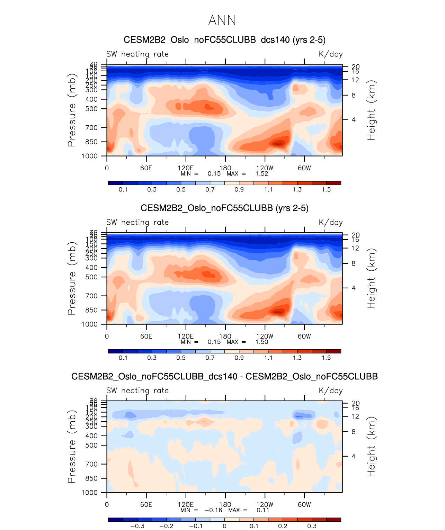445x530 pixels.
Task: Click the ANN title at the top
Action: click(x=222, y=20)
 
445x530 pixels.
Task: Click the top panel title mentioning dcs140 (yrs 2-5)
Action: click(x=224, y=40)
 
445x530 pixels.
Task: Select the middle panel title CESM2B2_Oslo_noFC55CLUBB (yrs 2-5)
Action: click(x=224, y=208)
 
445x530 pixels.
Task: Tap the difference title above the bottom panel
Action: click(x=224, y=376)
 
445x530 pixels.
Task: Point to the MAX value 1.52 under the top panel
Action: click(x=262, y=174)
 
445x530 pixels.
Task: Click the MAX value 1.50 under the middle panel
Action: click(x=262, y=342)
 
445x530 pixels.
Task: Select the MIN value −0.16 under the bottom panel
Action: click(x=213, y=510)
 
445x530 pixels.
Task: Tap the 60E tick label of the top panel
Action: click(x=146, y=168)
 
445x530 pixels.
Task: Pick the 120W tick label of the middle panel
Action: click(x=265, y=336)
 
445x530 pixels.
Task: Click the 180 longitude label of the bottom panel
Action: click(x=225, y=505)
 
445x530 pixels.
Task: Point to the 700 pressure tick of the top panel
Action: click(x=91, y=128)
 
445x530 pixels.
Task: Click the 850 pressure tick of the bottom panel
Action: click(x=91, y=478)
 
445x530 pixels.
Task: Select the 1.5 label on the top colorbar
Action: click(x=326, y=190)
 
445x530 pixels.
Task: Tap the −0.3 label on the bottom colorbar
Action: click(x=137, y=526)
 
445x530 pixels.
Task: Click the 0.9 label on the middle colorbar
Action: click(x=239, y=358)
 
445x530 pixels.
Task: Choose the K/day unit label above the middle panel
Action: click(x=331, y=223)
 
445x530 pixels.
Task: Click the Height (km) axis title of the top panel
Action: click(x=371, y=110)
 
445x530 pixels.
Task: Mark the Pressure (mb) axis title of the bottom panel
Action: click(x=71, y=447)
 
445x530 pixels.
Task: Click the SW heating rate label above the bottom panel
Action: click(x=137, y=391)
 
